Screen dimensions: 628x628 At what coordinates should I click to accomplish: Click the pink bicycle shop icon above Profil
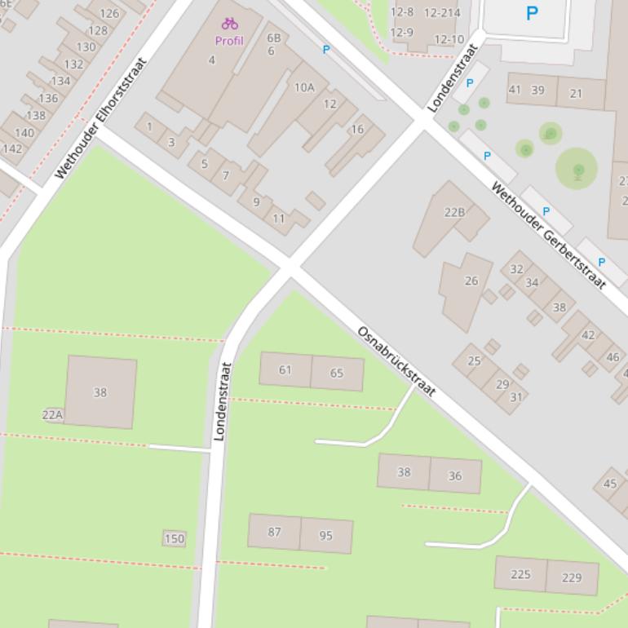tap(229, 24)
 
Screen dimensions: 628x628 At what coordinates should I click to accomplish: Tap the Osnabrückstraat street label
tap(396, 361)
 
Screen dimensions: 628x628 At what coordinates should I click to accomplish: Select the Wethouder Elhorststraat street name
tap(100, 118)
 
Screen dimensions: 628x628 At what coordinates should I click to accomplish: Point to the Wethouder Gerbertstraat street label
tap(548, 235)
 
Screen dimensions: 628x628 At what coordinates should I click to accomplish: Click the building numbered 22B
tap(453, 213)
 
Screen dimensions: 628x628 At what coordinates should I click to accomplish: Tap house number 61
tap(285, 369)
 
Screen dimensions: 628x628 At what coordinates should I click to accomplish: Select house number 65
tap(337, 374)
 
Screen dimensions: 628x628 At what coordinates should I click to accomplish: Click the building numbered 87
tap(274, 532)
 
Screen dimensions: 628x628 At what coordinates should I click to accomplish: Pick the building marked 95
tap(325, 536)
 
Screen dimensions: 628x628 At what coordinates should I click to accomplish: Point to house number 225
tap(520, 574)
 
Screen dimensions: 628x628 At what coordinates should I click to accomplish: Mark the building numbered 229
tap(572, 577)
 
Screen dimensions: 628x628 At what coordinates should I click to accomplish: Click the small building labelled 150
tap(175, 538)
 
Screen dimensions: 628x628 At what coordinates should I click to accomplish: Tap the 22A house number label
tap(52, 414)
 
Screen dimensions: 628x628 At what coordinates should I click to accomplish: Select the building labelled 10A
tap(303, 87)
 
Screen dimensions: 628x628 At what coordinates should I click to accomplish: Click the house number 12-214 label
tap(442, 12)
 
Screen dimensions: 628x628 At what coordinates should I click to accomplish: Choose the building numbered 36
tap(454, 475)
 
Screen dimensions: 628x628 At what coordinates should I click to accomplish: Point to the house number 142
tap(12, 148)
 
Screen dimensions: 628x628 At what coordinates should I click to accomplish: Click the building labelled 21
tap(576, 94)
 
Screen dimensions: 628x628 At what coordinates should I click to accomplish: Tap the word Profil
tap(229, 41)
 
